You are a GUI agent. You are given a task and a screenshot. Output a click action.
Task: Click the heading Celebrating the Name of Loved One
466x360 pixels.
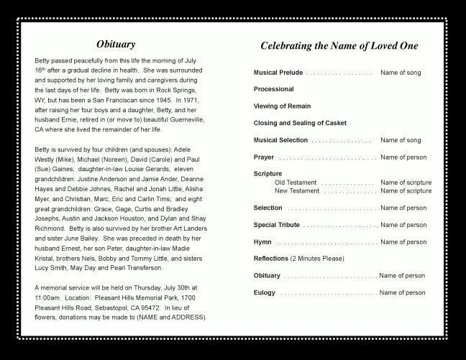[x=339, y=46]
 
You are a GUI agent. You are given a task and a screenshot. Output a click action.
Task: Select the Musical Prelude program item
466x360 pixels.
[x=278, y=73]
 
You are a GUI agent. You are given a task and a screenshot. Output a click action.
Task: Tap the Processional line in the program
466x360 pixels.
[x=273, y=90]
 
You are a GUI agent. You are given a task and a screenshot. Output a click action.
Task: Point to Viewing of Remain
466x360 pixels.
[x=281, y=106]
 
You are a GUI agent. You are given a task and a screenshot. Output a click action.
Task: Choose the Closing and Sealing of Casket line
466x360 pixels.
[x=300, y=124]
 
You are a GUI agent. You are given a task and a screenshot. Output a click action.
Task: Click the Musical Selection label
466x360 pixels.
[x=280, y=140]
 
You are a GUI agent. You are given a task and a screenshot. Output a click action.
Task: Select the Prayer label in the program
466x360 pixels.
[x=263, y=157]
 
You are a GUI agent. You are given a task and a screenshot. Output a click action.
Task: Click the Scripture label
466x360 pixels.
[x=268, y=174]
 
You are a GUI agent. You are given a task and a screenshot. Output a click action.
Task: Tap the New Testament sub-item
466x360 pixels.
[x=296, y=191]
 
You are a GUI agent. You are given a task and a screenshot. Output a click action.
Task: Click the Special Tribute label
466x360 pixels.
[x=276, y=225]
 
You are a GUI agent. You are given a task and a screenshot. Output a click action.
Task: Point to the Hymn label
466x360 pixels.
[x=262, y=242]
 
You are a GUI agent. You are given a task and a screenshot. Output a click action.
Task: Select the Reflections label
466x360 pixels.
[x=270, y=259]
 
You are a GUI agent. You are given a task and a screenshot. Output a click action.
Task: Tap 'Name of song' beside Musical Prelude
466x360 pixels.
[x=401, y=73]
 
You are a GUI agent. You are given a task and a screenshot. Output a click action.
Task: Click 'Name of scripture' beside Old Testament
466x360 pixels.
[x=406, y=183]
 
